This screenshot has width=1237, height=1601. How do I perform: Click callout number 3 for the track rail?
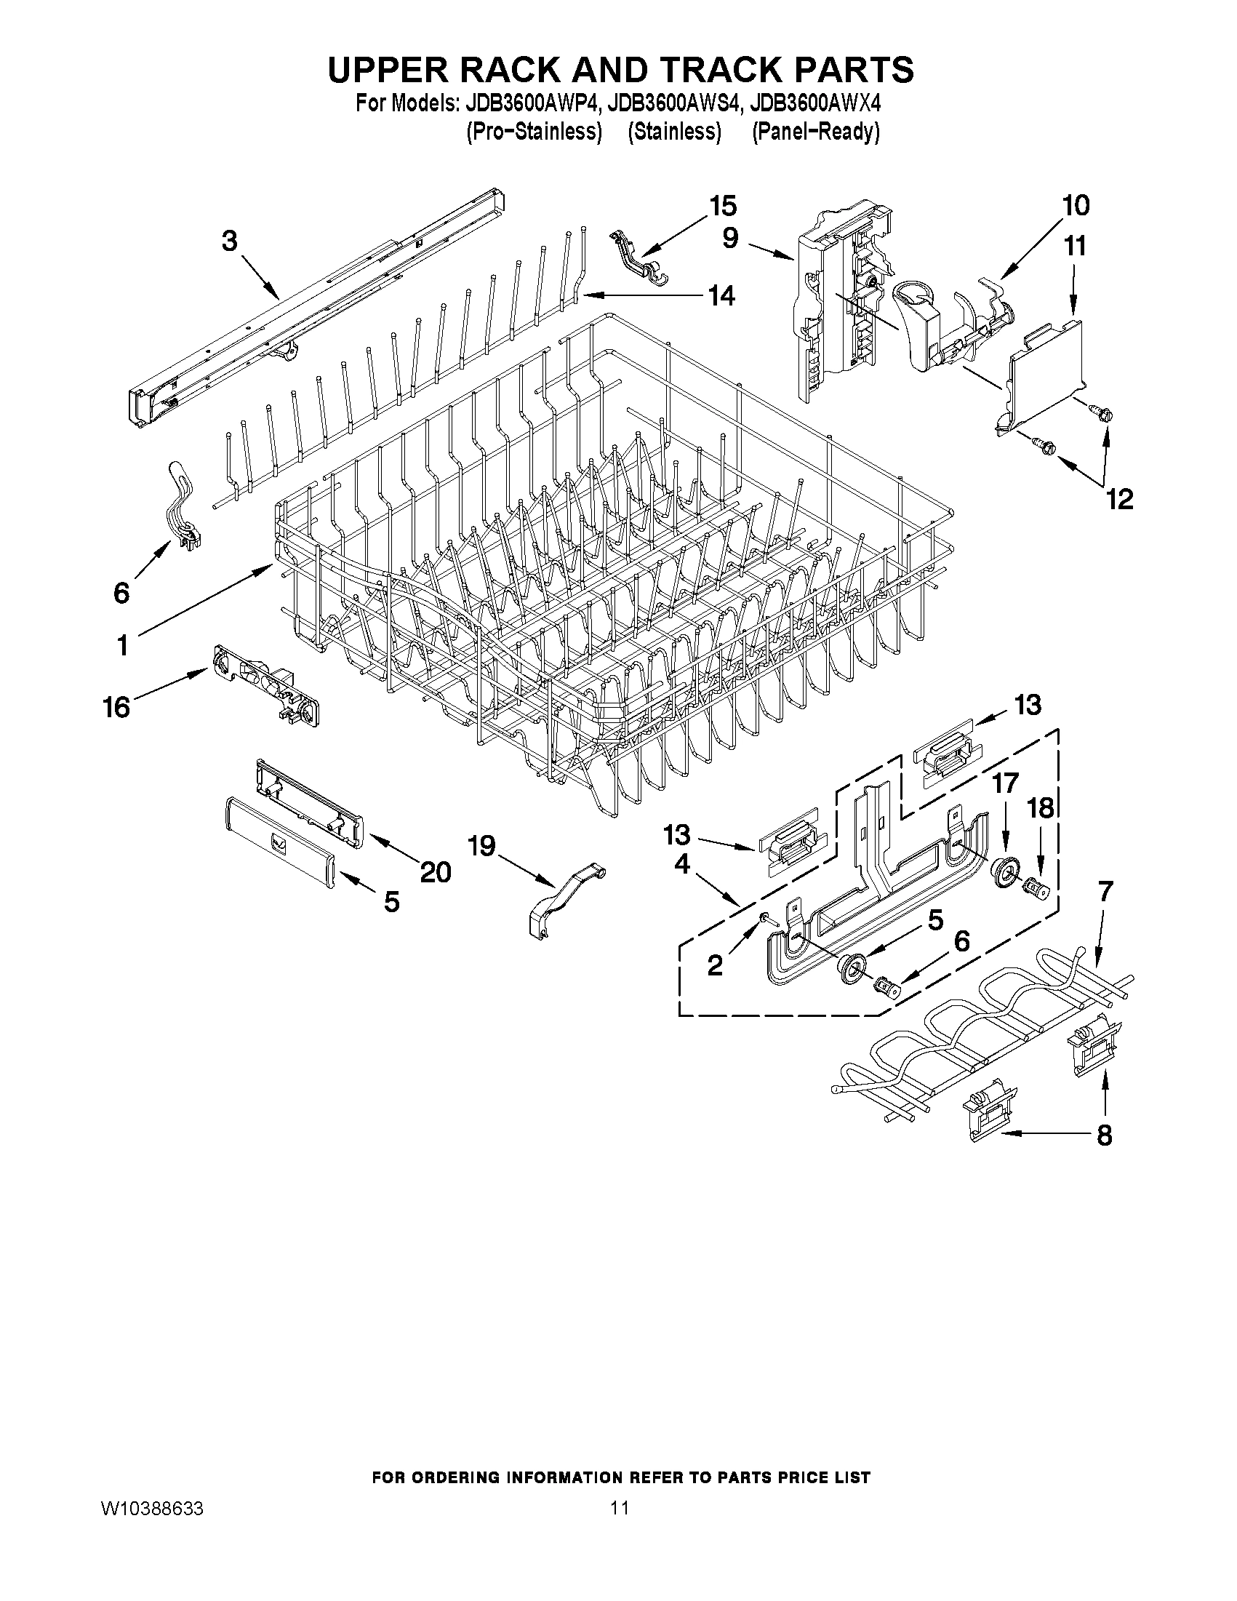[229, 241]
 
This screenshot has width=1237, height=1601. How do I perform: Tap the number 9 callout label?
[730, 239]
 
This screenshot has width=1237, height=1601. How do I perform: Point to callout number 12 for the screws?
[1119, 499]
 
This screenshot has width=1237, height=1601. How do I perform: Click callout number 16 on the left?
[116, 708]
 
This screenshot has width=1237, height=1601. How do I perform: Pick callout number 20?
[436, 871]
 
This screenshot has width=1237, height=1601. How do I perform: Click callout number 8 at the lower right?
[1104, 1135]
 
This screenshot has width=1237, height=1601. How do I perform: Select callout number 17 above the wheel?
[1005, 783]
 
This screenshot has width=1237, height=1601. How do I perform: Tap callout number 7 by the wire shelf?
[1105, 891]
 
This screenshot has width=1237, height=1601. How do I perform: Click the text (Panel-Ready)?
[815, 132]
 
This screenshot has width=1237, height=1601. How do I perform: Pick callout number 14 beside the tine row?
[721, 296]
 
